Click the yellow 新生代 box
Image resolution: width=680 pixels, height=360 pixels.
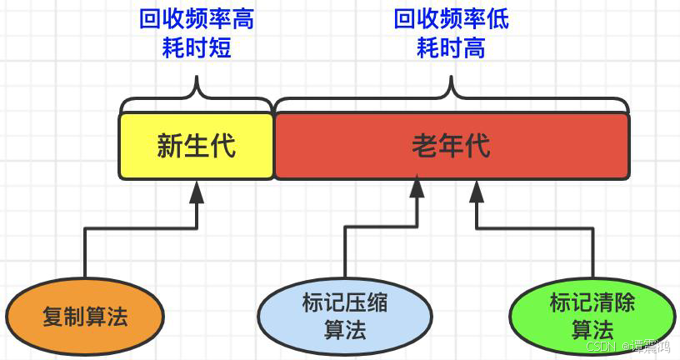(x=196, y=147)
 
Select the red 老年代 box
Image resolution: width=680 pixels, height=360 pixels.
(x=452, y=147)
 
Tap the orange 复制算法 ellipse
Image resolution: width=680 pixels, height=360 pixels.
(x=85, y=317)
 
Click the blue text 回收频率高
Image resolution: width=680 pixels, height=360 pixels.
(x=197, y=19)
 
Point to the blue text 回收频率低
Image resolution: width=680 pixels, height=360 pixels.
(x=452, y=19)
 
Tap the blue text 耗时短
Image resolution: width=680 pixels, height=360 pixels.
(x=197, y=48)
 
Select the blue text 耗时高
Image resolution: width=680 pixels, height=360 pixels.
(x=452, y=48)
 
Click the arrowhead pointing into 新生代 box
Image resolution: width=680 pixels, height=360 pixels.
(x=197, y=192)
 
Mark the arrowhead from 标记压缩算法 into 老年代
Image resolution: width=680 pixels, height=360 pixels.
(x=417, y=188)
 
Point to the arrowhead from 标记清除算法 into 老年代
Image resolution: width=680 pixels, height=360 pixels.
(x=477, y=192)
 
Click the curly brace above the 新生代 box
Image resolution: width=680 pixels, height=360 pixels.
(x=197, y=96)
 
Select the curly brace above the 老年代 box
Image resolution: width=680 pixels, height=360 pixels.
(x=452, y=96)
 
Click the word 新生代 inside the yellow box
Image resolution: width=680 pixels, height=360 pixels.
(x=196, y=147)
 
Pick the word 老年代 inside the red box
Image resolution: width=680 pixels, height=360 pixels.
(x=452, y=147)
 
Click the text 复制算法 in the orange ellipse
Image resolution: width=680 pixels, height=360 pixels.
(x=85, y=317)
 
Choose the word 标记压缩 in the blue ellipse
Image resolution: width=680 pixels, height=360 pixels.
(x=344, y=302)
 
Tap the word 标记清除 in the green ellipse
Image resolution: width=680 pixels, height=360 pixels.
(x=592, y=302)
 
